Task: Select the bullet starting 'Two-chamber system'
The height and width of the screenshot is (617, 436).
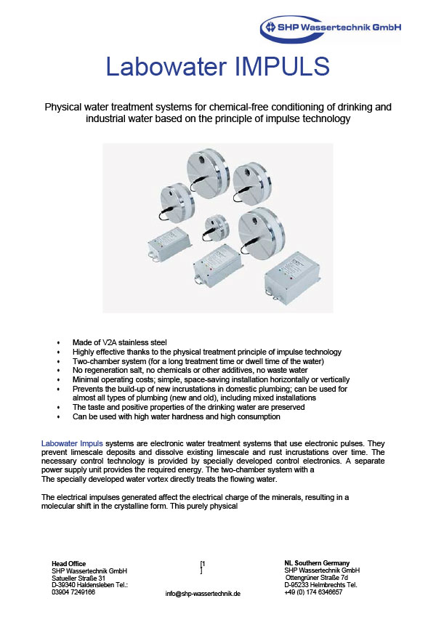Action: (x=198, y=361)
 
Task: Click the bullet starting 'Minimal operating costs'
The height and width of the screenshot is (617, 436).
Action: (x=211, y=379)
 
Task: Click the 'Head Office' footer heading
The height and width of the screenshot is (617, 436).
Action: (x=68, y=563)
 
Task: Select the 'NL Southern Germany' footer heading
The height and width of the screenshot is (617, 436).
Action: (x=317, y=563)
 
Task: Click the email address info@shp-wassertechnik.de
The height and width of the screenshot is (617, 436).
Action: (x=203, y=594)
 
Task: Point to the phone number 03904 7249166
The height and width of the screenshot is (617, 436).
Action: (x=73, y=592)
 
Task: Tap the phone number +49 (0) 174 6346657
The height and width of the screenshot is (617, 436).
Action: (x=313, y=592)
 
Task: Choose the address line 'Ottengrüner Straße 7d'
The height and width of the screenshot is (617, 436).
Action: (x=317, y=578)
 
